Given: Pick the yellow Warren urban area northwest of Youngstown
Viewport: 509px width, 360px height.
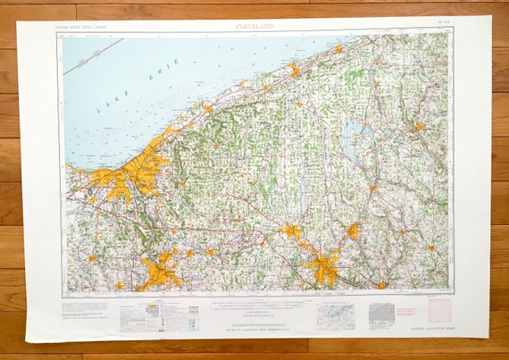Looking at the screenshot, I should [291, 231].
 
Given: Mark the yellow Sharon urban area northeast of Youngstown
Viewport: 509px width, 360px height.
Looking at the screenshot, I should [353, 231].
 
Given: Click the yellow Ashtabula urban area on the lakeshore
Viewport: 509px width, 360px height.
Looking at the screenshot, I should [294, 70].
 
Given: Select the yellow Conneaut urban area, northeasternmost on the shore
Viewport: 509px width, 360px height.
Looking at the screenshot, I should [338, 48].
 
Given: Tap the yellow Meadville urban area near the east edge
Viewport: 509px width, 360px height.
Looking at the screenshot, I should [417, 127].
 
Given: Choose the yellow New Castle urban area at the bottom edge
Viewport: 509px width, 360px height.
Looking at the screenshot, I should [382, 284].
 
